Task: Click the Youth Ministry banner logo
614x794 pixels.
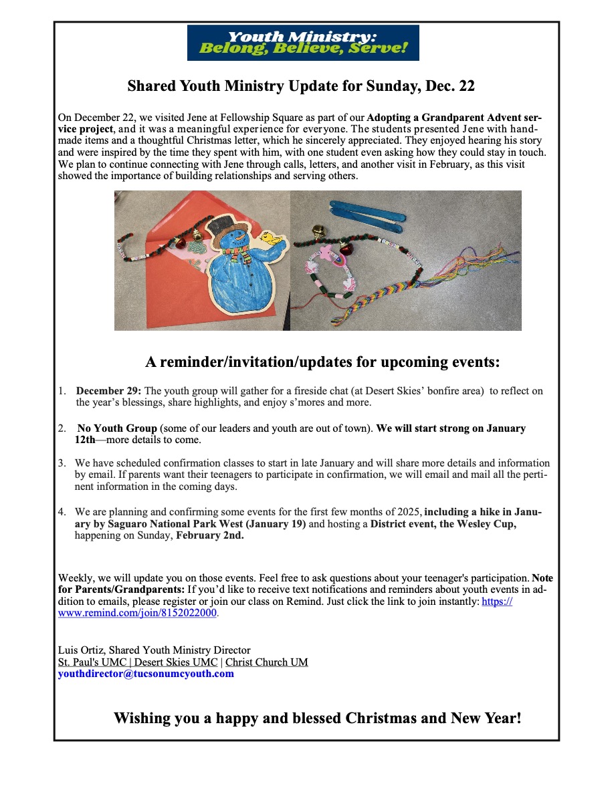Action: tap(303, 43)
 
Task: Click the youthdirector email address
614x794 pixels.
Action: tap(146, 674)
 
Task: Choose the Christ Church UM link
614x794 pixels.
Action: tap(266, 662)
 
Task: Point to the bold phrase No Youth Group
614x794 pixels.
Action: tap(117, 428)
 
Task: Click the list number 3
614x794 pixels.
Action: tap(62, 463)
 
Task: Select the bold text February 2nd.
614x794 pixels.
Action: tap(209, 535)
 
